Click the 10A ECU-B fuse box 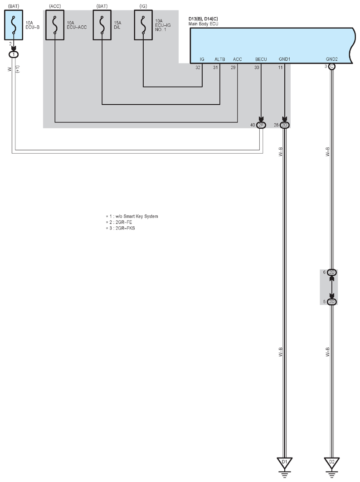coord(14,25)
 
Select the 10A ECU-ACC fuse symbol coord(55,25)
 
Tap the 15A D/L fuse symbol coord(102,25)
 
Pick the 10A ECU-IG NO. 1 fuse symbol coord(143,25)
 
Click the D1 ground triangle coord(284,463)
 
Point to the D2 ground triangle coord(332,463)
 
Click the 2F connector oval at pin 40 coord(261,125)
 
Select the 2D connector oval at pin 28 coord(285,125)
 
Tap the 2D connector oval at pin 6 coord(332,273)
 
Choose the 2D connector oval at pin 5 coord(332,302)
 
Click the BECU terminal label coord(261,59)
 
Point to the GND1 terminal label coord(284,59)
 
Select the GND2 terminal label coord(332,59)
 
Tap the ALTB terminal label coord(220,59)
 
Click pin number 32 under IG coord(198,67)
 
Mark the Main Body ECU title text coord(204,24)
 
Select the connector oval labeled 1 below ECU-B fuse coord(14,54)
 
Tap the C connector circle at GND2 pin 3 coord(332,66)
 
